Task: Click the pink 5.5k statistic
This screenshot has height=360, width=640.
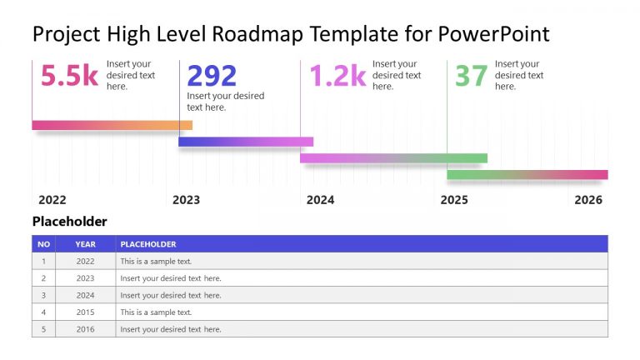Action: point(69,76)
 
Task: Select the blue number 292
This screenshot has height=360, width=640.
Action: point(212,76)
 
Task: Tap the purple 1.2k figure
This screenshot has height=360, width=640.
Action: point(337,76)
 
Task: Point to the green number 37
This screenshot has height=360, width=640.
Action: point(471,76)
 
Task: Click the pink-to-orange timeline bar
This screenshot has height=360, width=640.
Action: point(112,125)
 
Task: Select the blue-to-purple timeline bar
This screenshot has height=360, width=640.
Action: point(246,142)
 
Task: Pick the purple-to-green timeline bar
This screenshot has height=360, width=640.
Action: point(393,157)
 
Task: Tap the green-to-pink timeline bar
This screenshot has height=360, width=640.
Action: point(527,174)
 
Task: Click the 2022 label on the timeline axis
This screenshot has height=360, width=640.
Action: point(52,200)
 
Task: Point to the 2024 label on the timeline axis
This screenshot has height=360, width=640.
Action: point(320,200)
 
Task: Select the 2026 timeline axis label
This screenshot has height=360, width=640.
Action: point(587,200)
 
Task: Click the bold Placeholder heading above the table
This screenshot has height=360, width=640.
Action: point(69,222)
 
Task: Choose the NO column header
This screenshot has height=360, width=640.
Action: point(43,244)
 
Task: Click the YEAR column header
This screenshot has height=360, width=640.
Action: point(85,244)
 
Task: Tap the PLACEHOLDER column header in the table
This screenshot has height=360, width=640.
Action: point(148,244)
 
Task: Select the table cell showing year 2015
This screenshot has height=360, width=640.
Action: point(85,312)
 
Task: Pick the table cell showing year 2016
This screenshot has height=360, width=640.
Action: point(85,329)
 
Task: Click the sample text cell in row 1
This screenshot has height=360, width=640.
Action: point(156,261)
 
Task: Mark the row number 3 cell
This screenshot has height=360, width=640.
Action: point(43,295)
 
